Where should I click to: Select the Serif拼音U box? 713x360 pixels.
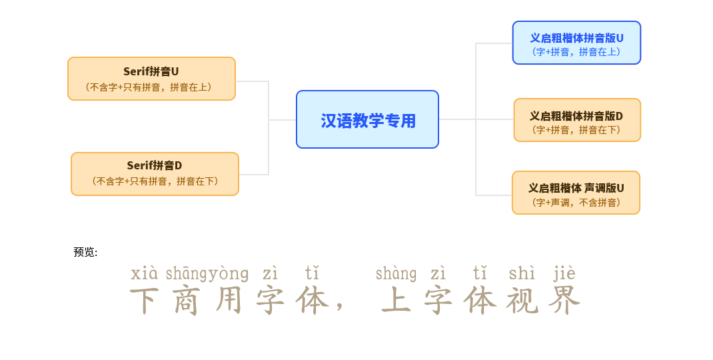coord(151,79)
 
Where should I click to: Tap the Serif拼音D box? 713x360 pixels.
coord(155,174)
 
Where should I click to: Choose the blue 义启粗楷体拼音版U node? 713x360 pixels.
coord(576,43)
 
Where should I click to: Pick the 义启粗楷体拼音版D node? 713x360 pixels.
coord(577,120)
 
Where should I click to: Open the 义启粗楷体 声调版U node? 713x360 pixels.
coord(576,193)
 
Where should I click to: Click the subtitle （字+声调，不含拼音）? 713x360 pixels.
coord(576,203)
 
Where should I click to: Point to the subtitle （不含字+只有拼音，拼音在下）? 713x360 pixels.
coord(155,181)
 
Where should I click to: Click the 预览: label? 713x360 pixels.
coord(85,252)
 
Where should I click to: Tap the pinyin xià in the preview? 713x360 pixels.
coord(145,274)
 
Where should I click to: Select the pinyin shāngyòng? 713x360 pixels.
coord(207,274)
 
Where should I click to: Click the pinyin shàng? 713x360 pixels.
coord(396,274)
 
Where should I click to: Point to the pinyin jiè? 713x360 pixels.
coord(564,274)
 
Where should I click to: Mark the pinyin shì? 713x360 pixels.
coord(522,274)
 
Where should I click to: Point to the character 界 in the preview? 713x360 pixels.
coord(564,301)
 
